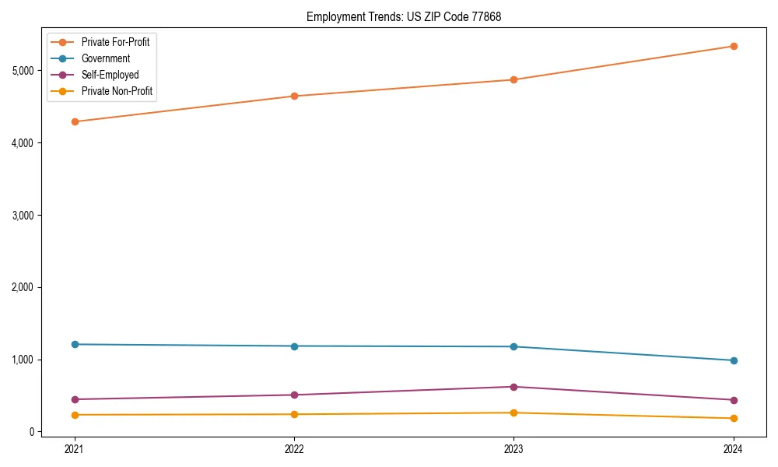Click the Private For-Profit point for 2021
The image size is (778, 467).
(75, 121)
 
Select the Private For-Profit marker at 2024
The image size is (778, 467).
(733, 46)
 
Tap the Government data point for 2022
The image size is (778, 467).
(294, 346)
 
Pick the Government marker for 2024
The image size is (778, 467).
(733, 360)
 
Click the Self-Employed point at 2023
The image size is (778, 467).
(513, 387)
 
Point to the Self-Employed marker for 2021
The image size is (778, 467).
(75, 399)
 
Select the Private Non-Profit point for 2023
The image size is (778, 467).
(513, 413)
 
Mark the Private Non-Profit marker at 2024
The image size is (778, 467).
(733, 419)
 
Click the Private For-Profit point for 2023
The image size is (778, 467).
(513, 79)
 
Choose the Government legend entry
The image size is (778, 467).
(106, 58)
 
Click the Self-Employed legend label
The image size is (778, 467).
(110, 75)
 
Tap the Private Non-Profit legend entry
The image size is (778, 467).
(117, 92)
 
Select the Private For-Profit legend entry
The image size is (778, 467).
(115, 42)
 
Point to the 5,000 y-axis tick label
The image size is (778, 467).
(23, 71)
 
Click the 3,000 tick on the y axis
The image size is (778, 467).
(23, 216)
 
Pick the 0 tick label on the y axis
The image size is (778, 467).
(32, 432)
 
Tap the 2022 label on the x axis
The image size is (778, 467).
(294, 448)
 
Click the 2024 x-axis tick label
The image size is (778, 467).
(733, 448)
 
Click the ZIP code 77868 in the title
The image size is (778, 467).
(485, 16)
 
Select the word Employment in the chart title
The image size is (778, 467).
(333, 16)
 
